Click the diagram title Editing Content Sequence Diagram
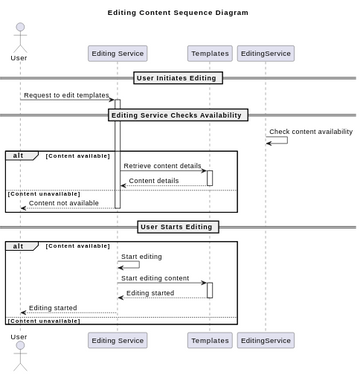point(178,13)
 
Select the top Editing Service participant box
point(118,54)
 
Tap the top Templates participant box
point(209,54)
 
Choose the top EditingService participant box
point(266,54)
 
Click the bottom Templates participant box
point(209,341)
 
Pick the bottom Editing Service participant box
point(118,341)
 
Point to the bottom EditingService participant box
point(266,341)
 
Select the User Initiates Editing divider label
point(178,78)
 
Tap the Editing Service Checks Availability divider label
point(178,115)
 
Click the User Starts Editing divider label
point(178,227)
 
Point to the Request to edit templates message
point(66,95)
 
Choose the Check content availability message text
point(311,132)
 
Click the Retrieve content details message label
point(162,166)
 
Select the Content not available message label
point(64,203)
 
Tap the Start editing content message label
point(155,278)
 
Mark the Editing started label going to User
point(53,308)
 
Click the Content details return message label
point(154,181)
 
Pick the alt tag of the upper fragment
point(18,156)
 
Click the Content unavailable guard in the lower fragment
point(44,321)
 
